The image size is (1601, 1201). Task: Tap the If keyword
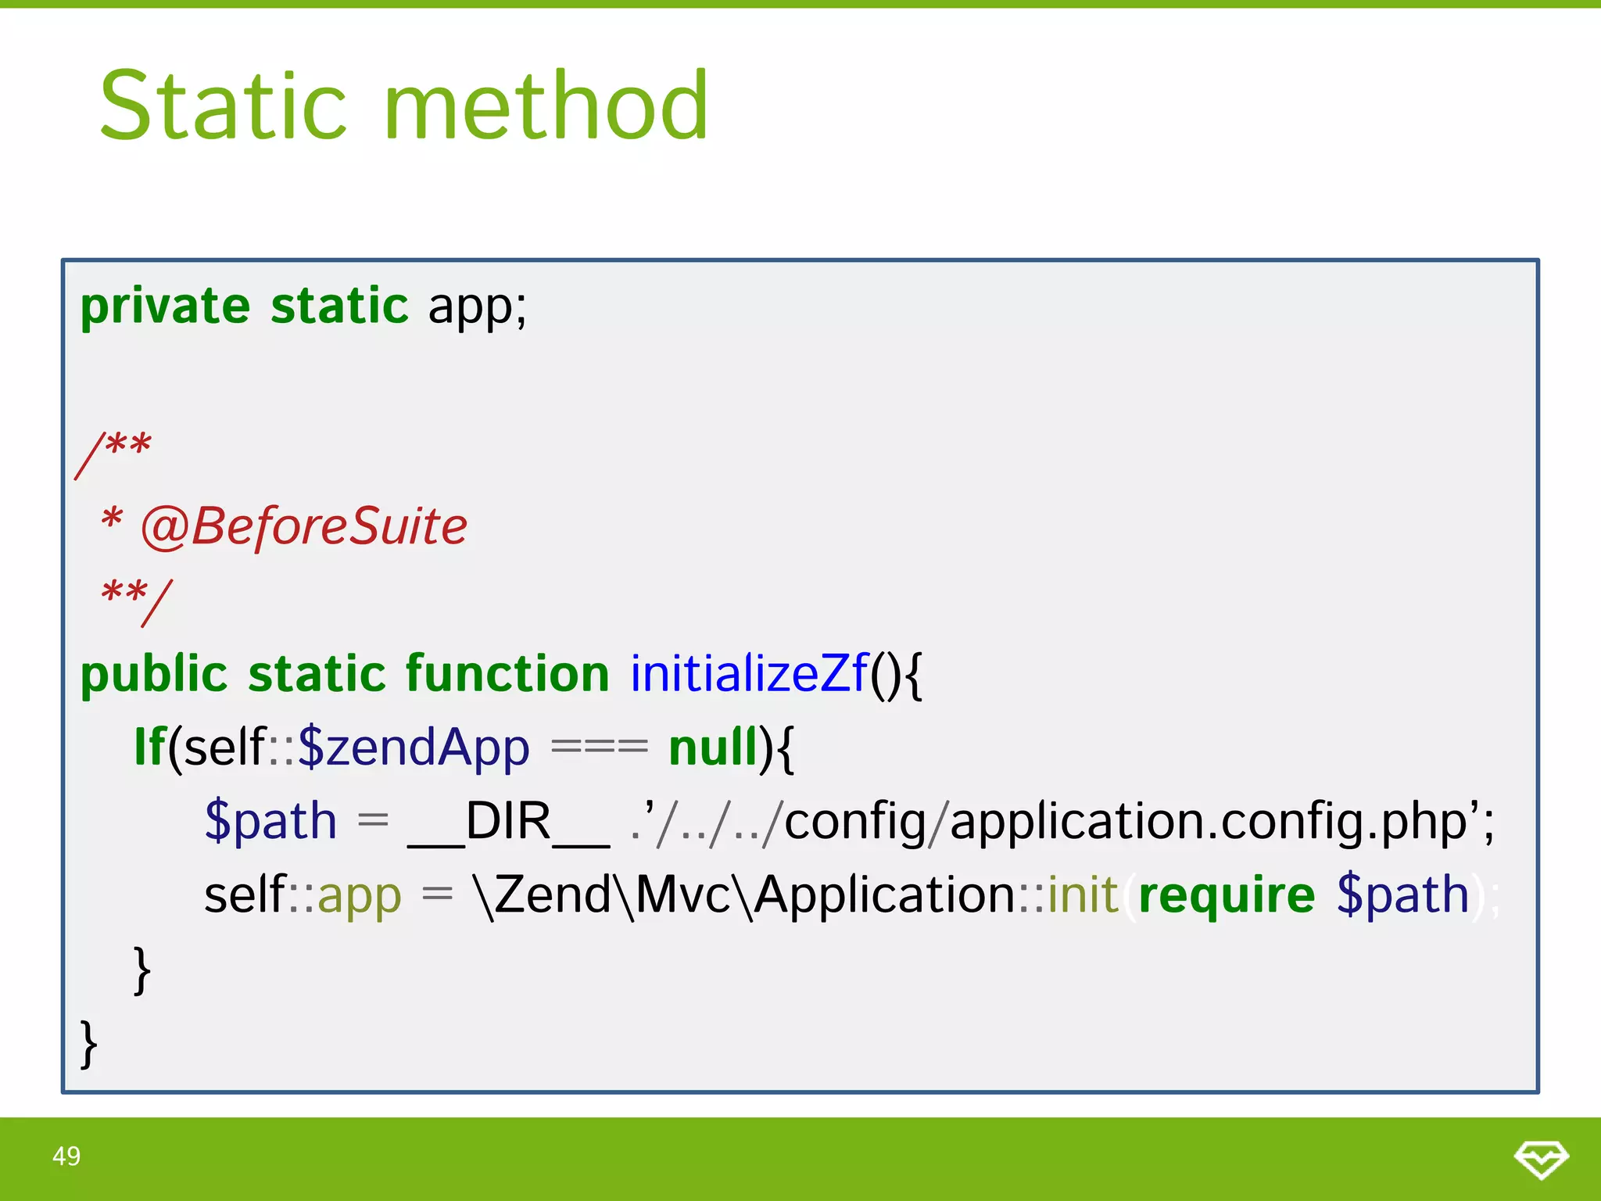(149, 747)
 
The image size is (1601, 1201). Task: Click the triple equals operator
(600, 747)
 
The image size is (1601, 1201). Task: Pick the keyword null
(714, 747)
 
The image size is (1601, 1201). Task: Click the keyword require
(1227, 894)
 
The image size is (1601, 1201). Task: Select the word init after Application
(1083, 894)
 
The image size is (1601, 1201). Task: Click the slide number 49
(66, 1156)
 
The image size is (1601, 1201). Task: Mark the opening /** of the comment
(114, 452)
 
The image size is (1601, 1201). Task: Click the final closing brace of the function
(89, 1043)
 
